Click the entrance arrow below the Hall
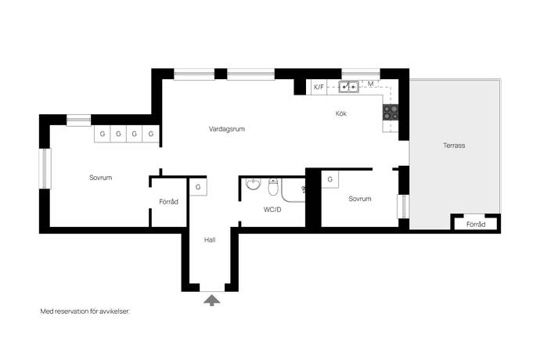point(212,300)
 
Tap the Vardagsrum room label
point(227,129)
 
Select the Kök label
point(341,113)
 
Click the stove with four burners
point(391,113)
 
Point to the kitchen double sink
point(348,87)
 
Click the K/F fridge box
point(319,87)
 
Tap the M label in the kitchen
point(370,84)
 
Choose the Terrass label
point(454,146)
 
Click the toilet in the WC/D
point(273,186)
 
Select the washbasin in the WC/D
point(253,184)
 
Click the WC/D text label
point(272,210)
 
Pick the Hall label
point(210,239)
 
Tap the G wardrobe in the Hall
point(198,187)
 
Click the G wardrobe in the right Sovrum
point(330,179)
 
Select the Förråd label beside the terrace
point(476,225)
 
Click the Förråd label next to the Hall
point(168,202)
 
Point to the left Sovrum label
point(100,178)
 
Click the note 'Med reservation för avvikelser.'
point(85,311)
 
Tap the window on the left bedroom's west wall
point(45,168)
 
